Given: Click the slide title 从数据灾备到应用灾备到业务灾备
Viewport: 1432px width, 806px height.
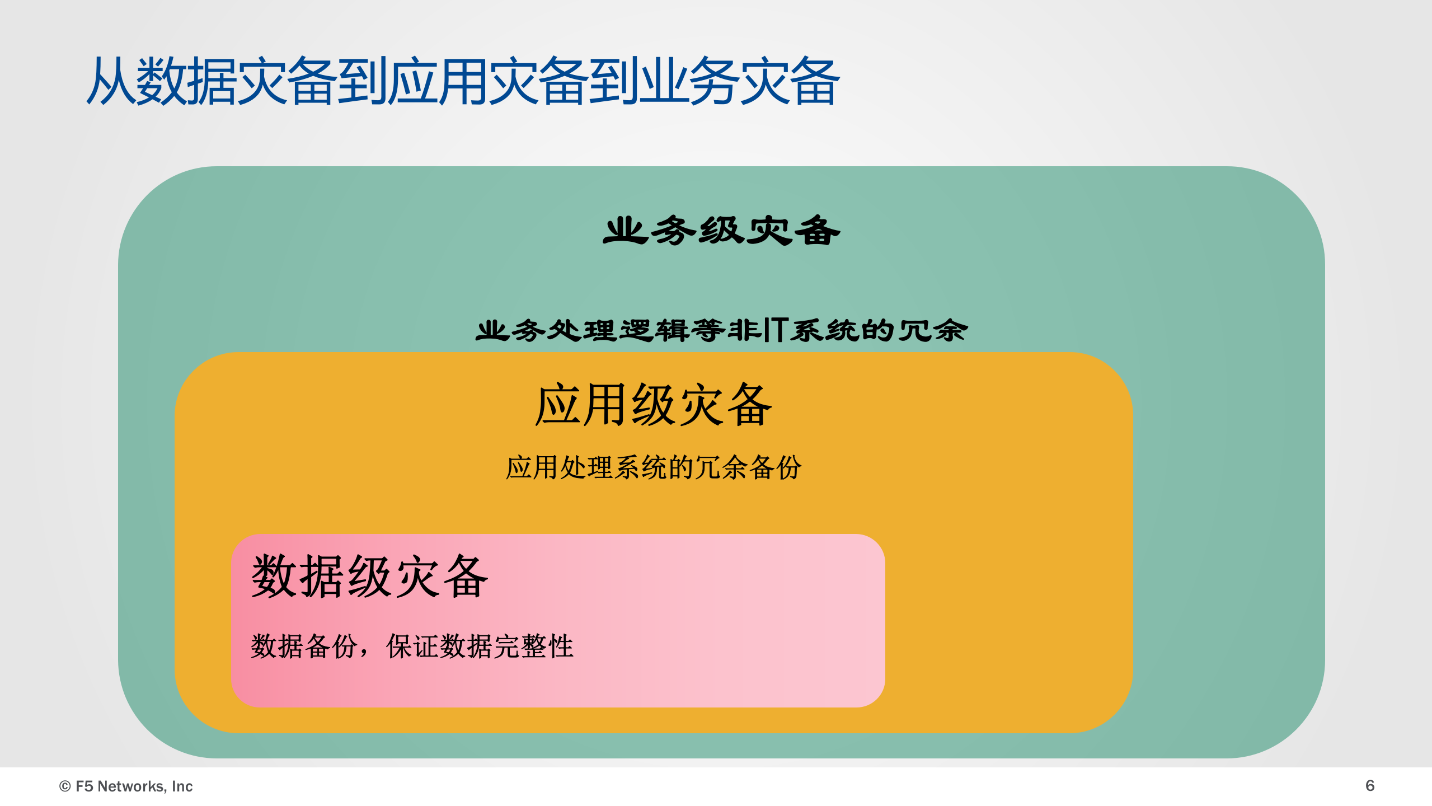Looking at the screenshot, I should [463, 82].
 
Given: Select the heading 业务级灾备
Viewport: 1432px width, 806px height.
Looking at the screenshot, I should [721, 231].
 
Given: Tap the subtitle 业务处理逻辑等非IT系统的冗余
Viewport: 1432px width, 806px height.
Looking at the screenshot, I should [721, 330].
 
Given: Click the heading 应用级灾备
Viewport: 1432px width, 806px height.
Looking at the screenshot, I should [654, 405].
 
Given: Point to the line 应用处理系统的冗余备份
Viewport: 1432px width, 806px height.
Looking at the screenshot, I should [654, 467].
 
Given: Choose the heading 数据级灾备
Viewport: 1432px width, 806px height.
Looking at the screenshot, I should [370, 577].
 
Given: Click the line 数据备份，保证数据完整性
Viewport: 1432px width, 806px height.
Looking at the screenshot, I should [412, 646].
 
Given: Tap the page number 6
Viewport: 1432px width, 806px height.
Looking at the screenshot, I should [1370, 786].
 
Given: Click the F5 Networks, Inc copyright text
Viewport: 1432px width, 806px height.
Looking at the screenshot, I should [126, 786].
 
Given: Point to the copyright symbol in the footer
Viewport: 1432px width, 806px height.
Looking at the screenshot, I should [65, 786].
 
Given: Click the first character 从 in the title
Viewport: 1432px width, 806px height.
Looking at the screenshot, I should [111, 82].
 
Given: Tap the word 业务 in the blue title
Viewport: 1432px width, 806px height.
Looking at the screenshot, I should [688, 82].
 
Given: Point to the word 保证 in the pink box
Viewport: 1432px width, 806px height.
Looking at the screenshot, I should [412, 646].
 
